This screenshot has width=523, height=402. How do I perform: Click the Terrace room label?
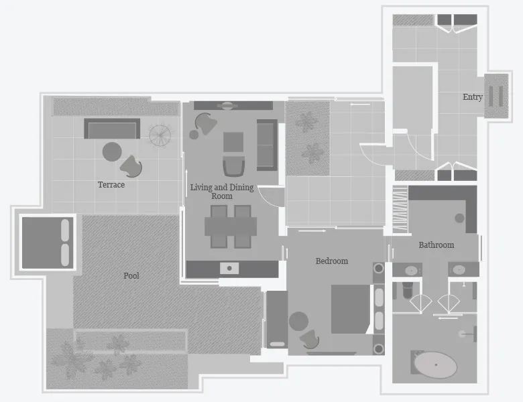(111, 185)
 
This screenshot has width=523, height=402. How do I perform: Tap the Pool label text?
(131, 275)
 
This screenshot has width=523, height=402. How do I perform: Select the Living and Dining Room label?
(222, 192)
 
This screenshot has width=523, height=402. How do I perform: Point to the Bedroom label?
(332, 261)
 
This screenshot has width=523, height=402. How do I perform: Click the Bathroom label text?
(437, 245)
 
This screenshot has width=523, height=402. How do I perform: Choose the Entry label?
(473, 97)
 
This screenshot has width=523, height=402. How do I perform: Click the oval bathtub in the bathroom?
(435, 364)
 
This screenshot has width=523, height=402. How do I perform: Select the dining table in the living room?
(231, 226)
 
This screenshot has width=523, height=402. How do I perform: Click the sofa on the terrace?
(112, 129)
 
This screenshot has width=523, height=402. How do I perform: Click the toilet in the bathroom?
(407, 290)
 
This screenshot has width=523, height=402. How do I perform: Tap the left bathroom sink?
(411, 270)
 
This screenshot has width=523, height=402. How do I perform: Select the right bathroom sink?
(459, 270)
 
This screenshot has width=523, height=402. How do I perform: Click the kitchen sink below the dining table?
(229, 269)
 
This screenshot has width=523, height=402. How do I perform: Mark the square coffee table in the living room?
(233, 142)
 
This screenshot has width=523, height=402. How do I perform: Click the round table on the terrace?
(112, 152)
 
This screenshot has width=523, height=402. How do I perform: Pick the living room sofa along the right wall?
(267, 144)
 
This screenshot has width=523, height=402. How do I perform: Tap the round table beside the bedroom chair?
(298, 322)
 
